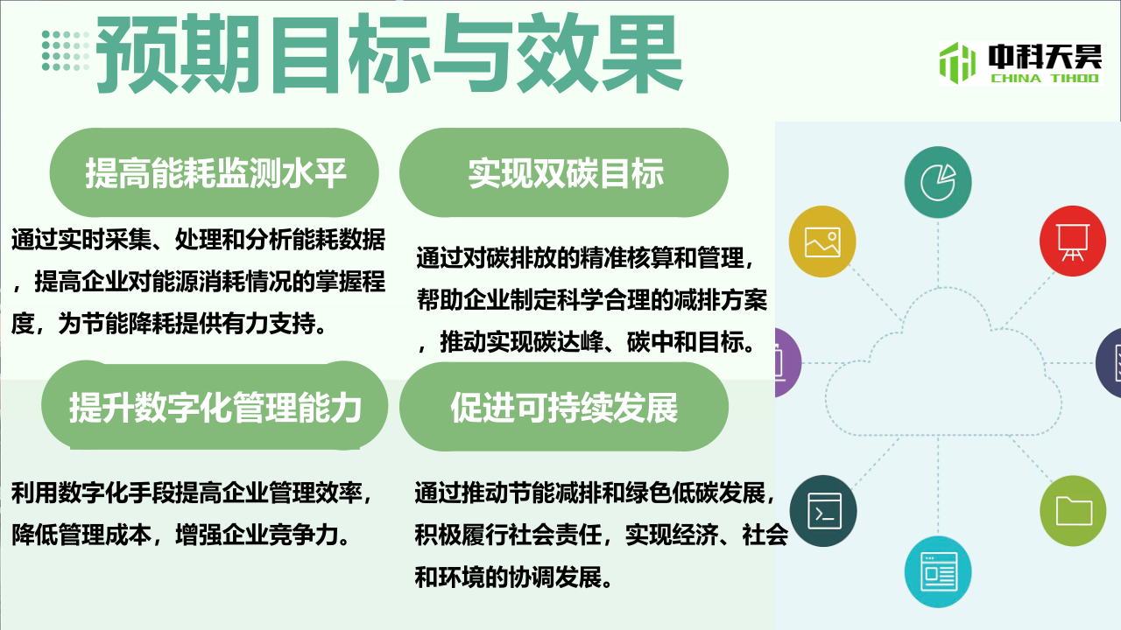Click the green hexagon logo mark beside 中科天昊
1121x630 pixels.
[x=957, y=63]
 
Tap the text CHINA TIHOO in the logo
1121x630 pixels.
[x=1045, y=78]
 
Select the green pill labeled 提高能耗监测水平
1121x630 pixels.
[x=215, y=172]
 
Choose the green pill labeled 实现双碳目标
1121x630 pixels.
[x=564, y=172]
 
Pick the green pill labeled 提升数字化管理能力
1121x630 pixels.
[x=215, y=405]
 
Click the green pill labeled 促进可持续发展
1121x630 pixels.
[x=564, y=407]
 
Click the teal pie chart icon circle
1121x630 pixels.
[x=938, y=182]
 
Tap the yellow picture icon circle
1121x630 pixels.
[x=822, y=241]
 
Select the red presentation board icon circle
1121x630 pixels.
[x=1073, y=241]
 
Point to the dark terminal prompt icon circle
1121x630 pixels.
[x=823, y=510]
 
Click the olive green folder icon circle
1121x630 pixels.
[x=1073, y=510]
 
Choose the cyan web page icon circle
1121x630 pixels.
[x=938, y=572]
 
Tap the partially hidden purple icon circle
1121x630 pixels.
[x=788, y=362]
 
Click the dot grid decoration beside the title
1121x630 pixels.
[x=66, y=51]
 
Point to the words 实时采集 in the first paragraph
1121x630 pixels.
[x=104, y=240]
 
